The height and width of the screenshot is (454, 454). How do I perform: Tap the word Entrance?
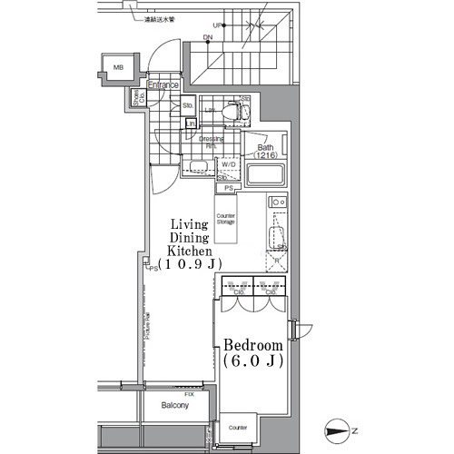tap(164, 85)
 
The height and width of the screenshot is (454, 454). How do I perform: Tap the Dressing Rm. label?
tap(212, 142)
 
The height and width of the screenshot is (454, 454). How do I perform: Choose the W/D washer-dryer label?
tap(229, 164)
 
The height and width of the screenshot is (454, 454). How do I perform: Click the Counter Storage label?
tap(226, 219)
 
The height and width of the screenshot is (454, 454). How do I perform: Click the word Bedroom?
tap(253, 347)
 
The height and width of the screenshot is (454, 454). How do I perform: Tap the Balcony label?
tap(174, 405)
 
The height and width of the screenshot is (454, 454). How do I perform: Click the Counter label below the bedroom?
tap(238, 427)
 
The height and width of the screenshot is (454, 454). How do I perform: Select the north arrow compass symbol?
tap(340, 430)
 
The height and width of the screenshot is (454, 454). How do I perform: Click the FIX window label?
tap(189, 392)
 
